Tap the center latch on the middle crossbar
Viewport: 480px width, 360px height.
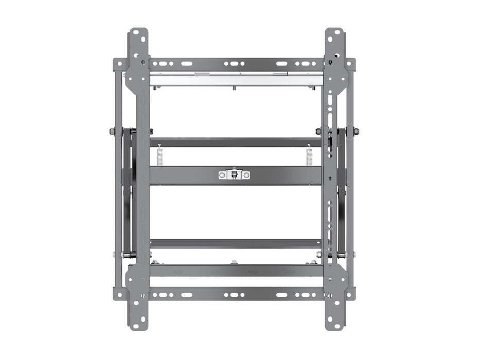234,175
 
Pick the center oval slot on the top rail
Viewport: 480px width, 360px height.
235,64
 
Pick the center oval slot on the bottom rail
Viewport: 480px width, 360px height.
235,295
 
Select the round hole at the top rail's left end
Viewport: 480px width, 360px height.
119,64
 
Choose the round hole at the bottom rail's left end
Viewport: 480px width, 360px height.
119,295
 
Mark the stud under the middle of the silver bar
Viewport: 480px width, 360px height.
235,88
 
